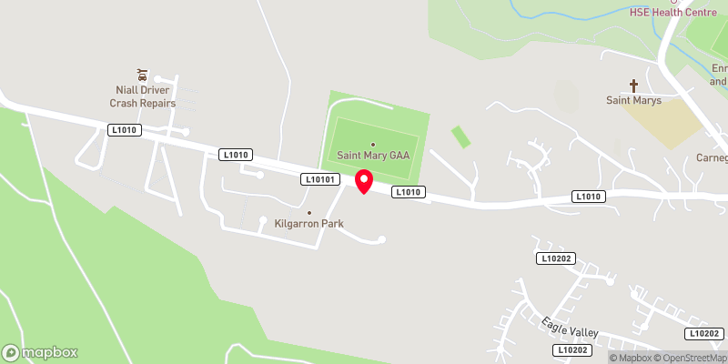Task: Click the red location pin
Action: pos(364,180)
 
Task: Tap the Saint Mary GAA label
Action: pos(373,156)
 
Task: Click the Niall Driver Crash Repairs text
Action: pos(142,97)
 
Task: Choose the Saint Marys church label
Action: pos(635,99)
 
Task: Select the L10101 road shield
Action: pos(321,180)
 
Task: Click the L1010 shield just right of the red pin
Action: pos(407,192)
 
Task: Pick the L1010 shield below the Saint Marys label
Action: pos(588,197)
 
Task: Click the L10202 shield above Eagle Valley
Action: pos(554,259)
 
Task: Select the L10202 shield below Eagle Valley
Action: pos(571,349)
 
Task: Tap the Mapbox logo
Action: pos(41,352)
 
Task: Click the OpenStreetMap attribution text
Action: pos(688,358)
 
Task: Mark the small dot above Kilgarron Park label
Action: pos(309,213)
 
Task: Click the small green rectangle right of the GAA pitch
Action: pos(461,136)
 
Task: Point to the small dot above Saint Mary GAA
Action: pos(372,144)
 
